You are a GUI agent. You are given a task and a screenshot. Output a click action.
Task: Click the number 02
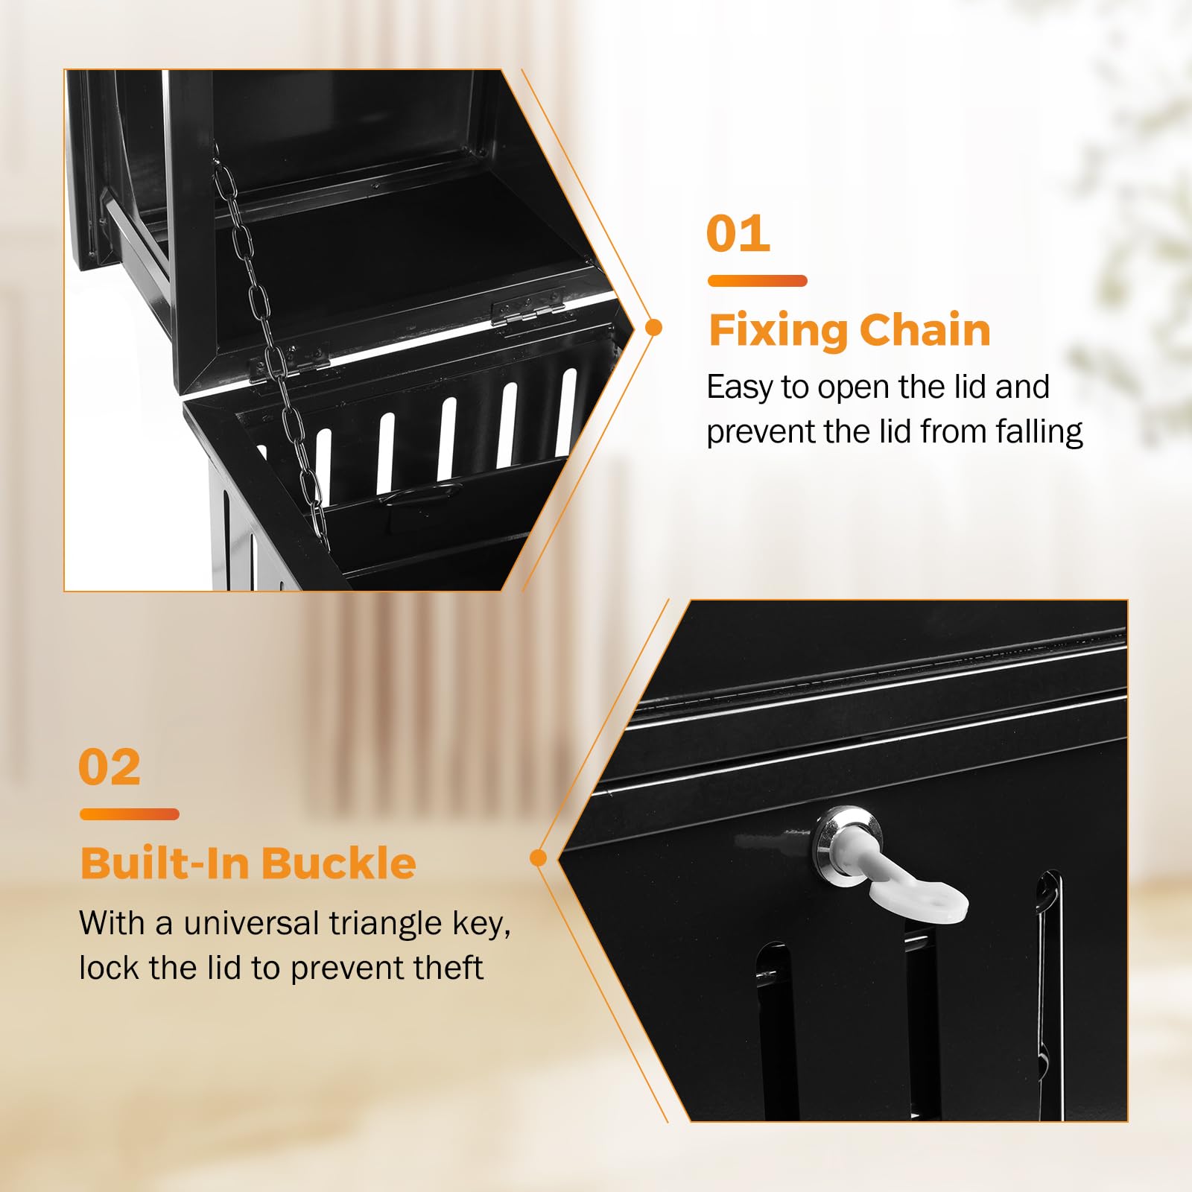pyautogui.click(x=110, y=767)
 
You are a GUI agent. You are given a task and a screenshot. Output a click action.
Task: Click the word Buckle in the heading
pyautogui.click(x=338, y=863)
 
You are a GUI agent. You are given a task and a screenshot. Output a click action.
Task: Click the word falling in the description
pyautogui.click(x=1039, y=432)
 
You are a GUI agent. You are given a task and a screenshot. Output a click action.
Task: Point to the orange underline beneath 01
pyautogui.click(x=757, y=281)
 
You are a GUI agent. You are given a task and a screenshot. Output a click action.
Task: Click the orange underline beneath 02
pyautogui.click(x=130, y=814)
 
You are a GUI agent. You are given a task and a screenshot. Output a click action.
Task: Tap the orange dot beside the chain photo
pyautogui.click(x=654, y=327)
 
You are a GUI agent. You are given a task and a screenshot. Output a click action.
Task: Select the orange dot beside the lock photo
pyautogui.click(x=538, y=858)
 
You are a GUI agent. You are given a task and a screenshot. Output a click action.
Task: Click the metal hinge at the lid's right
pyautogui.click(x=528, y=306)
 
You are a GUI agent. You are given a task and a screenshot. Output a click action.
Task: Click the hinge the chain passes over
pyautogui.click(x=291, y=362)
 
